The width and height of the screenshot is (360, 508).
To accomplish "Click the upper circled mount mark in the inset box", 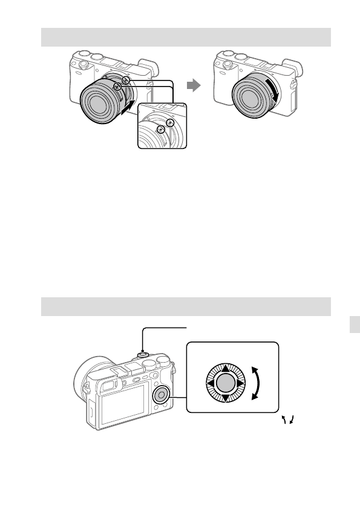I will pos(171,122).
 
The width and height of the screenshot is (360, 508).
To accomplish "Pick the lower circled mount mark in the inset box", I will pos(160,130).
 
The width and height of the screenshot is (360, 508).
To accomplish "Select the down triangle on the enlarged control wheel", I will pos(224,397).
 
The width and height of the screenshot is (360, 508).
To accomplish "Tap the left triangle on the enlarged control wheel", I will pos(209,383).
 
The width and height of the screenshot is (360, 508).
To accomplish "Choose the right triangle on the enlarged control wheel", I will pos(239,383).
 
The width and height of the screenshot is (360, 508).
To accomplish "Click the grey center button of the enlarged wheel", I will pos(224,383).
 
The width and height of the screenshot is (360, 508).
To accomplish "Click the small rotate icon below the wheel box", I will pos(287,420).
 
